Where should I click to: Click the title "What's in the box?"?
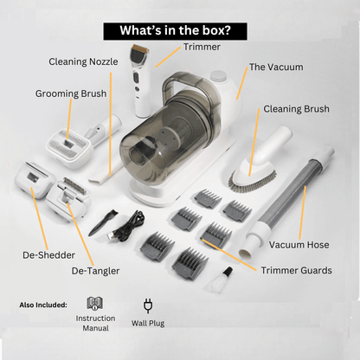pos(175,30)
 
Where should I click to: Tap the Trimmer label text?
pos(202,47)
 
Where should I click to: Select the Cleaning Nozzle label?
pos(83,61)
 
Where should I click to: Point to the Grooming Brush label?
pos(71,93)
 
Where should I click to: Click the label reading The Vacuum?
pos(276,67)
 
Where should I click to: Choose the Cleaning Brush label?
pos(296,109)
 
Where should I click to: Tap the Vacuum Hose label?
pos(299,245)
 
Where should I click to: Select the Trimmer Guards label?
pos(296,270)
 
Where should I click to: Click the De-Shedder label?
pos(48,255)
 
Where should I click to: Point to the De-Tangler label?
pos(95,271)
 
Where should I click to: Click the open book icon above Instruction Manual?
pos(95,304)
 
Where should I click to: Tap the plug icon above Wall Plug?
pos(148,305)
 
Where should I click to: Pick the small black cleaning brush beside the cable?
pos(102,222)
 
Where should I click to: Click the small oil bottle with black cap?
pos(221,279)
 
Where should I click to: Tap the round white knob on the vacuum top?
pos(219,76)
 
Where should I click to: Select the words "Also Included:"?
pos(43,305)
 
